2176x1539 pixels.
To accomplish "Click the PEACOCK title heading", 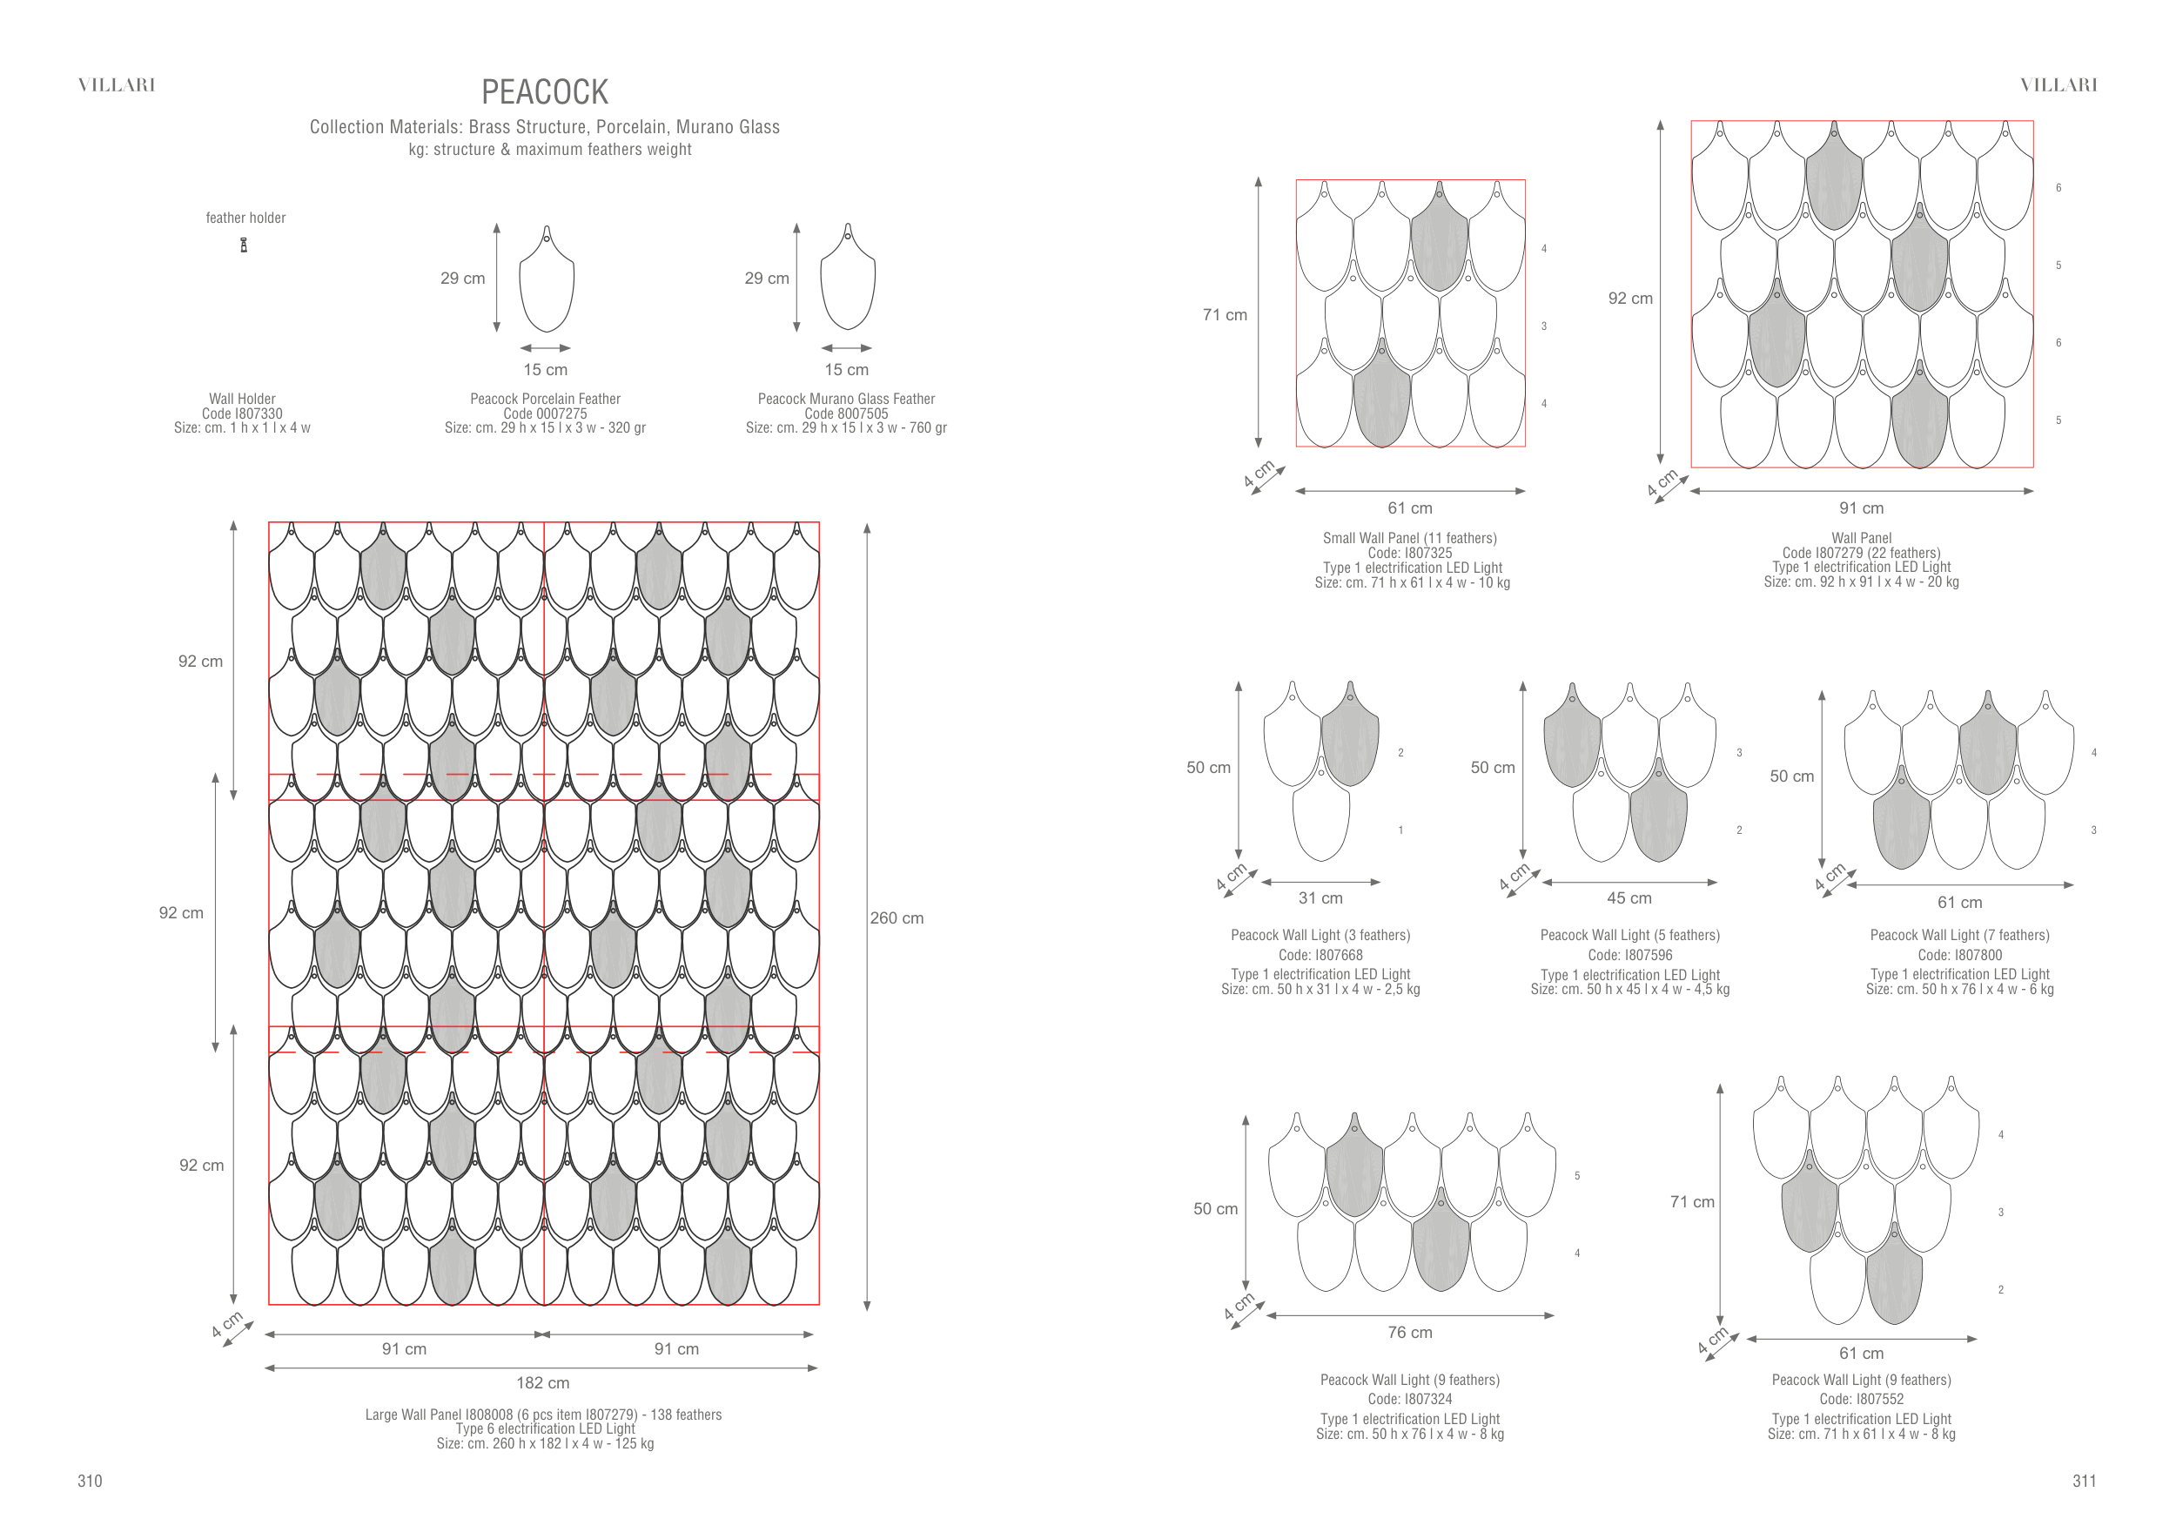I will click(x=544, y=92).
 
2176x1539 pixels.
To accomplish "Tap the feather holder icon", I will click(x=244, y=245).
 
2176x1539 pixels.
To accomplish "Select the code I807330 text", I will click(x=242, y=413).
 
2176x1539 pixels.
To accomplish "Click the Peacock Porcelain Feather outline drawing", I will click(x=546, y=279).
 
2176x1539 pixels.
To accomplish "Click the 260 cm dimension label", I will click(x=897, y=917).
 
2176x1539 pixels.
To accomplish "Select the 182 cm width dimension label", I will click(x=542, y=1382).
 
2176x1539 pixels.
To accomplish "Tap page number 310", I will click(x=90, y=1482).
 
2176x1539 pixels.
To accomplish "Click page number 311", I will click(x=2084, y=1482).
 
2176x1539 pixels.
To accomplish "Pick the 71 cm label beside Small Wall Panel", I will click(x=1225, y=314).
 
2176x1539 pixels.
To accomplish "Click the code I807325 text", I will click(x=1409, y=553).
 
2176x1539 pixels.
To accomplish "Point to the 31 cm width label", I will click(x=1320, y=897).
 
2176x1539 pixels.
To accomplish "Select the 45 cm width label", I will click(x=1629, y=897).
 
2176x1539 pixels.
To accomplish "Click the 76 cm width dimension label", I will click(x=1409, y=1332).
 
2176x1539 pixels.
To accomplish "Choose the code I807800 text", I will click(x=1959, y=955).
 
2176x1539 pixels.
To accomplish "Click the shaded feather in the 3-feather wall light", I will click(x=1350, y=736).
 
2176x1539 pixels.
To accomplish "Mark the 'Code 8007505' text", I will click(x=846, y=413).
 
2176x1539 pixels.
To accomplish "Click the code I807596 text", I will click(x=1629, y=955).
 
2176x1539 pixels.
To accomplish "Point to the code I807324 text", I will click(x=1409, y=1399).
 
